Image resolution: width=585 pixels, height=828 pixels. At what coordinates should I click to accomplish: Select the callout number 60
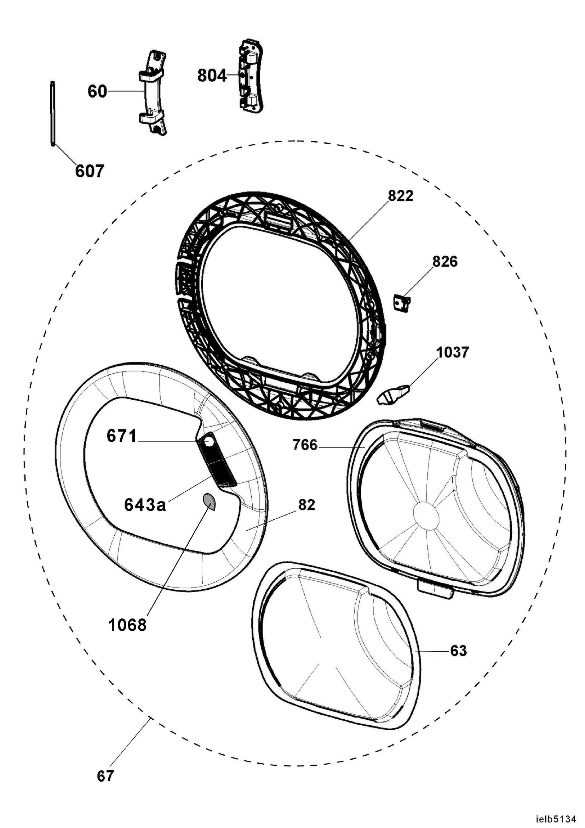pos(97,92)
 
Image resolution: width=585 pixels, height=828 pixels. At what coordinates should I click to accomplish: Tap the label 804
pos(212,76)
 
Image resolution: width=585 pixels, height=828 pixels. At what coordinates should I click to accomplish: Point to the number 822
pos(401,196)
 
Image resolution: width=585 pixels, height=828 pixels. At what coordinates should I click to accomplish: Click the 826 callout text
pos(445,262)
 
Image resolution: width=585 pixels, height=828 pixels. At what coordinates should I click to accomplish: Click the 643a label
pos(145,505)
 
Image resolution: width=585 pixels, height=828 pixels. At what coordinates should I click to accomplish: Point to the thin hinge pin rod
pos(53,114)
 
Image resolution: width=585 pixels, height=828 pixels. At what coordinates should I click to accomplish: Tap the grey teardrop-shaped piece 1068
pos(209,502)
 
